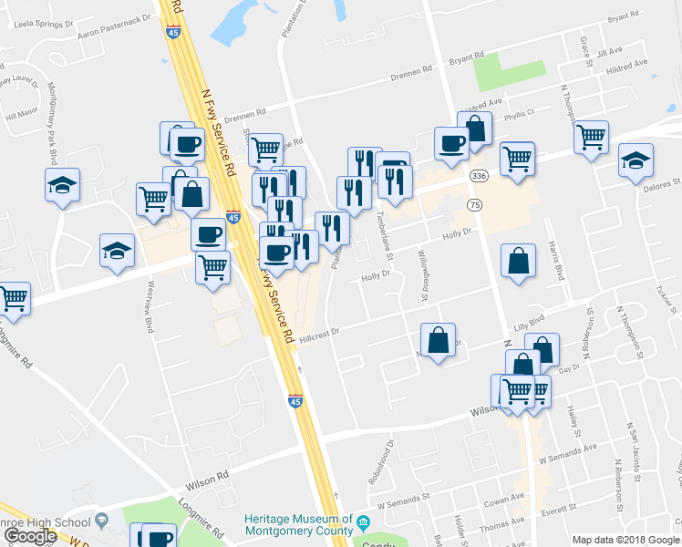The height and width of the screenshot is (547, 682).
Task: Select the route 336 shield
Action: [x=478, y=174]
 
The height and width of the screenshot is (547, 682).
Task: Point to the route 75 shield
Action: [x=474, y=205]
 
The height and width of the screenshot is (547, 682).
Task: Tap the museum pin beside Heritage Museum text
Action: [x=363, y=523]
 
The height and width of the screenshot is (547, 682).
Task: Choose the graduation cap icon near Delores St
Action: [x=635, y=160]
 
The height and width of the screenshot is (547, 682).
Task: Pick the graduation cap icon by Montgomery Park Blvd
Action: [x=61, y=185]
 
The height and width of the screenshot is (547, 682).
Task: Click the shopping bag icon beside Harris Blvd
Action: [x=517, y=262]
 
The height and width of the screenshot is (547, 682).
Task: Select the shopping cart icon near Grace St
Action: [x=591, y=138]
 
